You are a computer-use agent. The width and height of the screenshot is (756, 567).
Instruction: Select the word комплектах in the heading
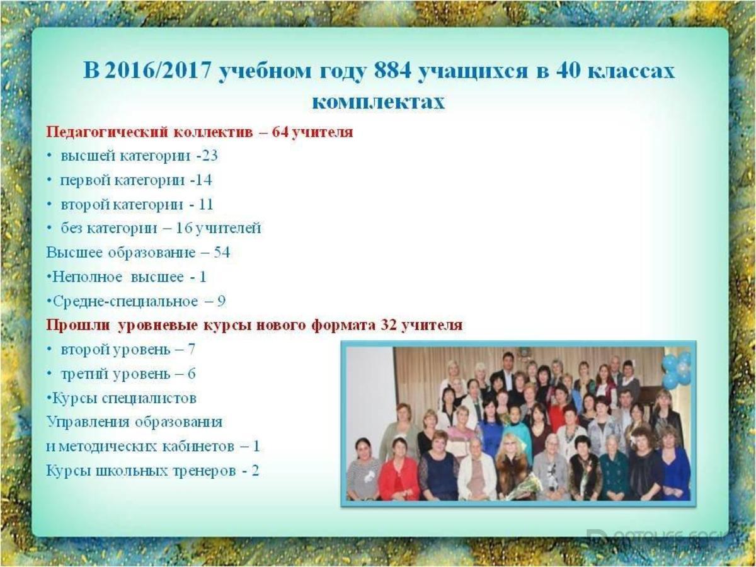379,102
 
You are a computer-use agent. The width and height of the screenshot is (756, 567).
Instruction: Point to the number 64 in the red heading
280,132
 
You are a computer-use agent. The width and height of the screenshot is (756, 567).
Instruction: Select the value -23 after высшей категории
207,156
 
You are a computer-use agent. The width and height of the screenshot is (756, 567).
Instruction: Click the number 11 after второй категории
206,205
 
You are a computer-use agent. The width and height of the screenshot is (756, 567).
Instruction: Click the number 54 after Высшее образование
222,253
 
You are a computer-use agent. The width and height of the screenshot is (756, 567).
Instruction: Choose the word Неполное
88,277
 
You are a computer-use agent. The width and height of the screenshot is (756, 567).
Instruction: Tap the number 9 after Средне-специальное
220,302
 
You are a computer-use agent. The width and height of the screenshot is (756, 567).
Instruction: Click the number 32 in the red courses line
389,325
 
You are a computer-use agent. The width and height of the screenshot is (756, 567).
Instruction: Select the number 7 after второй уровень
191,350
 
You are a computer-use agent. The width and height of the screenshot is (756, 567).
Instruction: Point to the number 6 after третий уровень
192,374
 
